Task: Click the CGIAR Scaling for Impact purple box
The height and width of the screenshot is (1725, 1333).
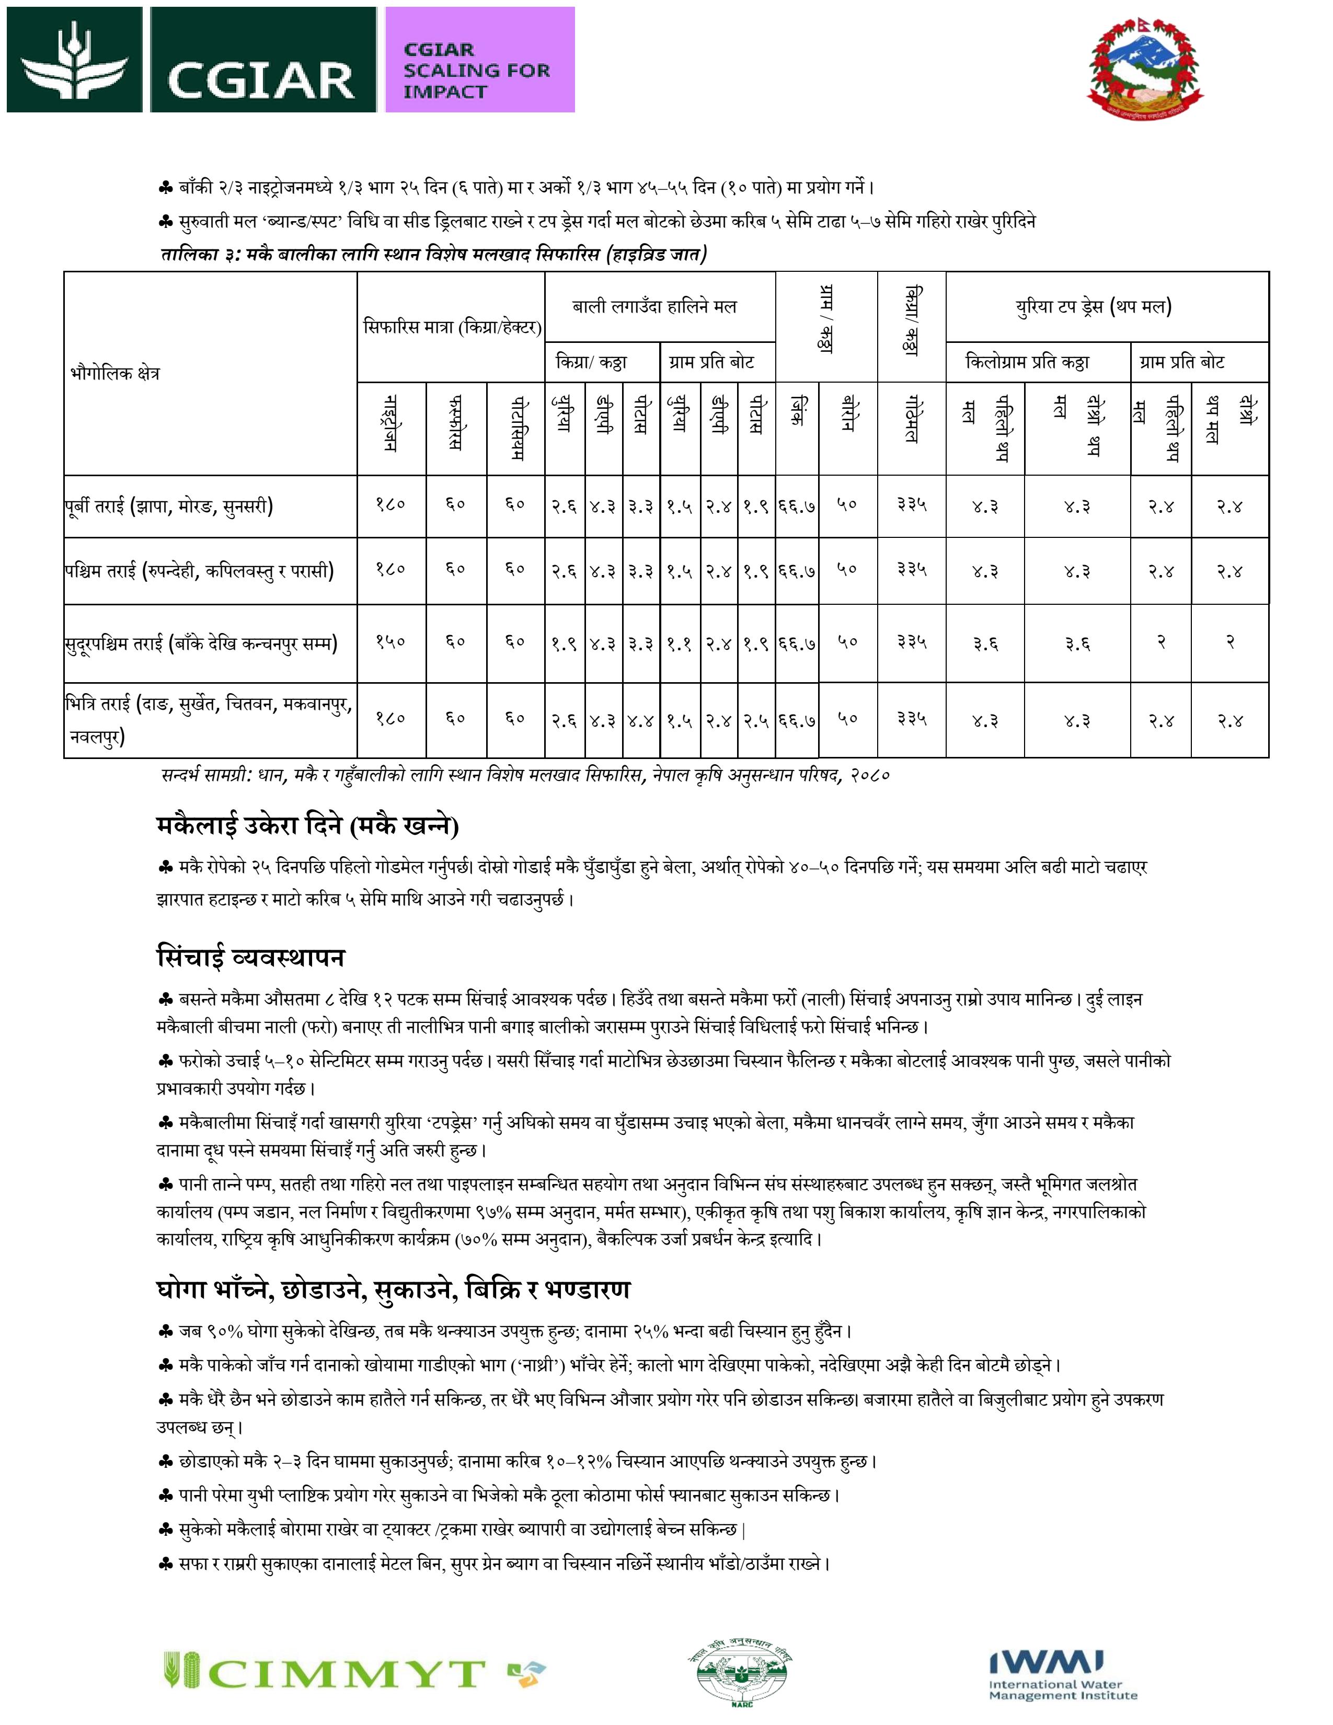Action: tap(479, 60)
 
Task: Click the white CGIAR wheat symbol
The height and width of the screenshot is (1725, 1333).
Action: tap(75, 60)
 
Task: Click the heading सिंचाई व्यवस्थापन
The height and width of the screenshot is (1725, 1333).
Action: tap(250, 957)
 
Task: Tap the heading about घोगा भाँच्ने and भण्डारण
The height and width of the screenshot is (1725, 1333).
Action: tap(393, 1289)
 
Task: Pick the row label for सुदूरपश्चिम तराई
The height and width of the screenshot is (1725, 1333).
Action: tap(201, 643)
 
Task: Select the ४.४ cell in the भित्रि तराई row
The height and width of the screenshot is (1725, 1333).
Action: tap(640, 720)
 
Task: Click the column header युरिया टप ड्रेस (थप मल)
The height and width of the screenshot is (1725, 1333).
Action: tap(1094, 306)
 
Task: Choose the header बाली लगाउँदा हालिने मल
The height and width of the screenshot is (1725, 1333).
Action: tap(654, 306)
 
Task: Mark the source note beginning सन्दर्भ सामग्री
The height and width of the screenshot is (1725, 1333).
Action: tap(525, 776)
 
